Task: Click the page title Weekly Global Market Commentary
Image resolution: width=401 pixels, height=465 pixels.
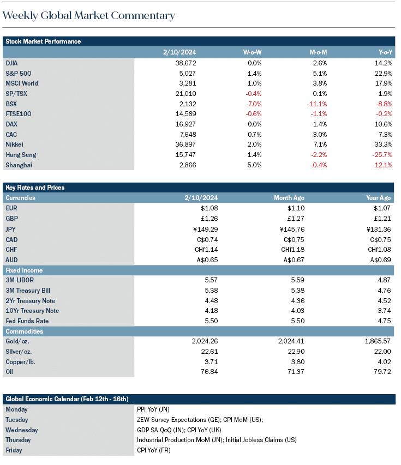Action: coord(89,16)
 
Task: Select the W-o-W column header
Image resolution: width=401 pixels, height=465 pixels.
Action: coord(252,52)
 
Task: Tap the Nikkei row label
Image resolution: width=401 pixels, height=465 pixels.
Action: coord(14,144)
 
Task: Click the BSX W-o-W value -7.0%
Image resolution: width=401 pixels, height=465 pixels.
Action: coord(254,104)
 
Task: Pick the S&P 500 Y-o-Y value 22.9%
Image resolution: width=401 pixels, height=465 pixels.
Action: coord(384,73)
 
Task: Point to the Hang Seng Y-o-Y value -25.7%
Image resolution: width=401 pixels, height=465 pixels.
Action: coord(382,155)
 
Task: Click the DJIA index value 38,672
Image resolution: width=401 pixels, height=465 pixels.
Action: coord(186,63)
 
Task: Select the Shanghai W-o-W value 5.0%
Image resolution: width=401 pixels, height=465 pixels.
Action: coord(255,165)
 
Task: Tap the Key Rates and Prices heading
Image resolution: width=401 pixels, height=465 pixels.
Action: coord(35,188)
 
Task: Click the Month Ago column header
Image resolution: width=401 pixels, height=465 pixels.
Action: coord(289,198)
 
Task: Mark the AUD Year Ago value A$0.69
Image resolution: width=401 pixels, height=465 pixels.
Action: coord(380,260)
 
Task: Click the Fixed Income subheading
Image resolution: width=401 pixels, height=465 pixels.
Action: coord(24,270)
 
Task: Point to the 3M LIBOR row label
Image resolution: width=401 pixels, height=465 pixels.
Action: coord(20,280)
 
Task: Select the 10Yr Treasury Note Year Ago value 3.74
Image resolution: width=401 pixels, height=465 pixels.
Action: coord(385,311)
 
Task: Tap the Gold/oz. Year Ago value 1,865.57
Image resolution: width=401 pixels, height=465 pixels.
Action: coord(378,341)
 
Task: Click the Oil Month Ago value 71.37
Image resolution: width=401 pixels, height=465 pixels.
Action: coord(296,372)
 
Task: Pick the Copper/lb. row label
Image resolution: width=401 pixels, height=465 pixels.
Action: coord(21,362)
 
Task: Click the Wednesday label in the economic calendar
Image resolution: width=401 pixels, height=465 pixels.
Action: coord(22,430)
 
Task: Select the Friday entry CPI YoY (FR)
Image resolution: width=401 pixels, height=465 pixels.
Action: coord(154,450)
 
